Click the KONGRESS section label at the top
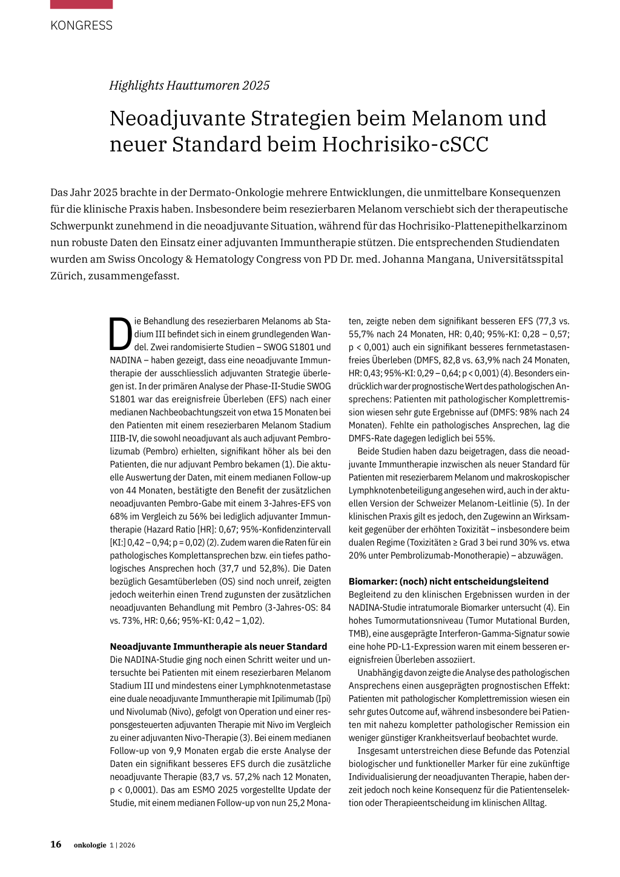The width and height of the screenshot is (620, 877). click(81, 25)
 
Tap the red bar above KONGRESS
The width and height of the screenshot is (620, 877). click(81, 4)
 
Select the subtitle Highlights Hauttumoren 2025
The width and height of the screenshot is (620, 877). click(189, 85)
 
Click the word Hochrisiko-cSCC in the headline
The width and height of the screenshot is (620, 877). click(405, 145)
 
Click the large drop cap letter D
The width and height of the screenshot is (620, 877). click(120, 334)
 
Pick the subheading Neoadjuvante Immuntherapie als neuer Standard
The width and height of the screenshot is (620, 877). click(218, 646)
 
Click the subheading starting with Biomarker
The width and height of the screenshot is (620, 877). click(448, 581)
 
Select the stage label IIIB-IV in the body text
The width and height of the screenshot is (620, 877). click(126, 438)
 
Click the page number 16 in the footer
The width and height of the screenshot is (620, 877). click(56, 844)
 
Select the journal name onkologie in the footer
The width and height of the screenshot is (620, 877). click(90, 845)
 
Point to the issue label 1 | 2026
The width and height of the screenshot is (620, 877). click(123, 845)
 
